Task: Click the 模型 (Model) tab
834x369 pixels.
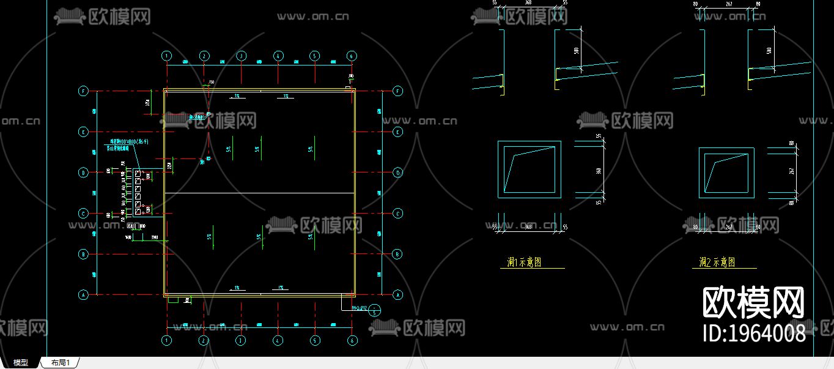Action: coord(21,363)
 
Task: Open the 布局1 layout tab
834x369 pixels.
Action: coord(60,363)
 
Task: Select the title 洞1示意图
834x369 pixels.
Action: coord(524,263)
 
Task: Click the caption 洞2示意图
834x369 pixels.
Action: coord(717,263)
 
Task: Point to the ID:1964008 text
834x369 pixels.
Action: coord(754,333)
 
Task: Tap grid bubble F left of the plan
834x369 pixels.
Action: coord(84,91)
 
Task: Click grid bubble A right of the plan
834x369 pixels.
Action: coord(399,295)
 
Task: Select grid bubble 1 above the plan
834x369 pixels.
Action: coord(167,56)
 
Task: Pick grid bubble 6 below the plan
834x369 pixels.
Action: coord(352,340)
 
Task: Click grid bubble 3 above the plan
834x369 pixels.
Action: coord(241,56)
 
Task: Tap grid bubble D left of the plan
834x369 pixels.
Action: coord(84,173)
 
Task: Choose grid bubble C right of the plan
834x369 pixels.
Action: coord(399,214)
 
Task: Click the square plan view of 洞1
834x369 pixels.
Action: coord(529,169)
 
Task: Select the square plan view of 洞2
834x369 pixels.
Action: coord(726,173)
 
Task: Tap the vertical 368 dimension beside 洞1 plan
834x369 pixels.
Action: coord(599,169)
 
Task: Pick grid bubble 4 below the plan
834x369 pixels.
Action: coord(278,340)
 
